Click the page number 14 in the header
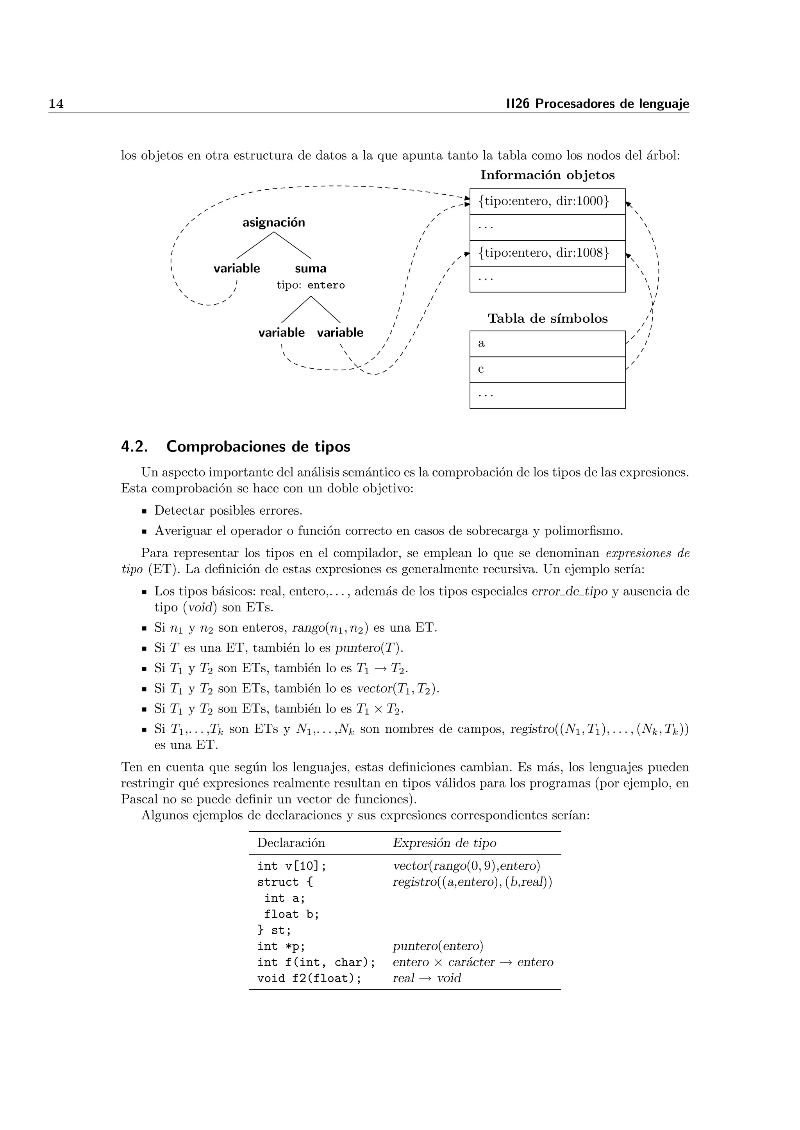56,104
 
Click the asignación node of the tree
273,222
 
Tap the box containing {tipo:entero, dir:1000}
547,201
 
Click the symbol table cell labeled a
547,343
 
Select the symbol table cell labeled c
547,370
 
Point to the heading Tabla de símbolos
547,318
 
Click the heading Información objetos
547,175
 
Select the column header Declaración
291,843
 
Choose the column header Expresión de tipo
444,843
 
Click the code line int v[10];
292,866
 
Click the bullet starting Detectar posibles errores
228,510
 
